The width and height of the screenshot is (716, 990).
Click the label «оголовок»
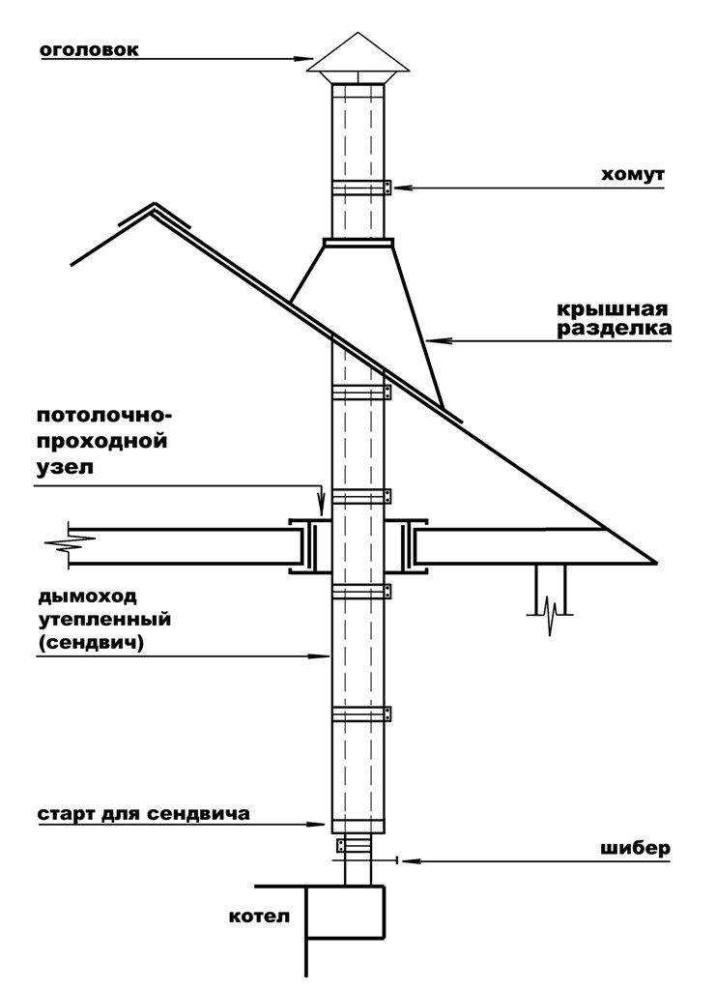click(89, 50)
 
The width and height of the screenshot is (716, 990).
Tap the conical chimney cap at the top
click(358, 55)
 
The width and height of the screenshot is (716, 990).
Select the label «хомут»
click(632, 175)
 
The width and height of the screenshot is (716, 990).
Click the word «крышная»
click(612, 310)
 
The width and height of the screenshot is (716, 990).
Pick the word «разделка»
click(614, 330)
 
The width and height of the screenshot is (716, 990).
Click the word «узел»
click(66, 469)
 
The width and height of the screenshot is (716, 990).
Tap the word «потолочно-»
click(104, 418)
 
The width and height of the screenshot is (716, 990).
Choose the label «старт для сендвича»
click(144, 814)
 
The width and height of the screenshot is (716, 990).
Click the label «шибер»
click(635, 850)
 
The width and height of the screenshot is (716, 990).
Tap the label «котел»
click(260, 917)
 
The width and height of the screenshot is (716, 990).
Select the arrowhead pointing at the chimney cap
click(304, 59)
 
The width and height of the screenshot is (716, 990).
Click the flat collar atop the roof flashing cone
click(358, 243)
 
